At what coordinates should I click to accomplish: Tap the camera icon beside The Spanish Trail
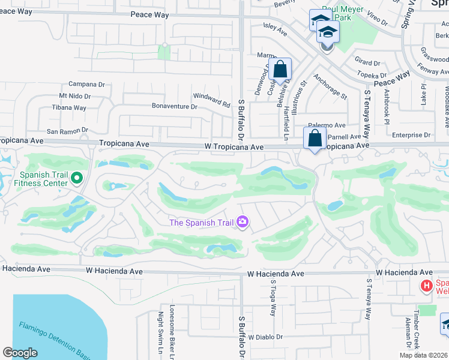[x=243, y=223]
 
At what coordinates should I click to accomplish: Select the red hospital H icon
[x=426, y=286]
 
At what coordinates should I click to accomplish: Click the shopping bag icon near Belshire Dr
[x=280, y=70]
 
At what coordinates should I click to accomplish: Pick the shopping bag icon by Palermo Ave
[x=315, y=139]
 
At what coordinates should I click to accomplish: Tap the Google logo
[x=20, y=353]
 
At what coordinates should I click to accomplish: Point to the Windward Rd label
[x=211, y=99]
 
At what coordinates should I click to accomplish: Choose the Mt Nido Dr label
[x=74, y=96]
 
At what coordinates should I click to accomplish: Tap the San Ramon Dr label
[x=67, y=130]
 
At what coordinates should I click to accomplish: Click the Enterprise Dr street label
[x=411, y=135]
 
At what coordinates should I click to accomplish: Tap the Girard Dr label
[x=368, y=62]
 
